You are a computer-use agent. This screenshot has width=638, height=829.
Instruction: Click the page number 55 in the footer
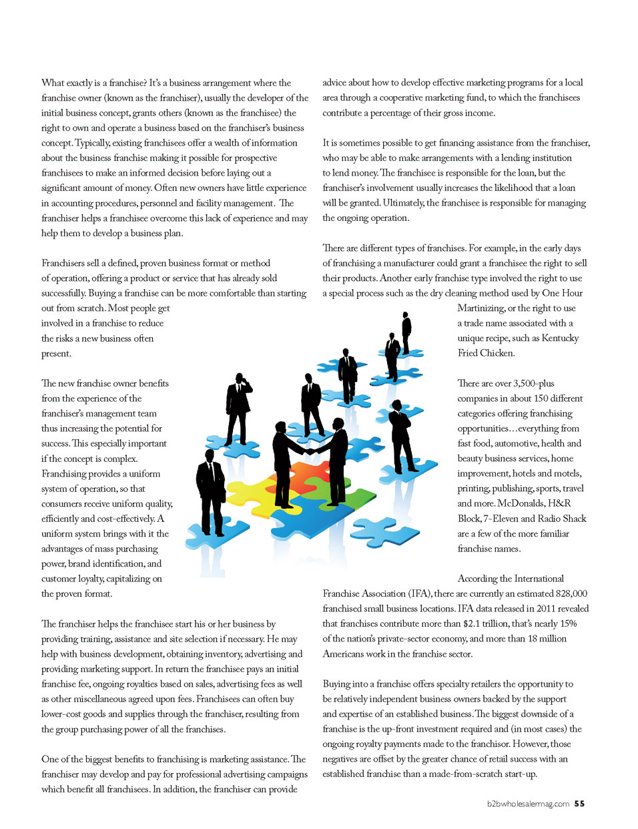coord(579,804)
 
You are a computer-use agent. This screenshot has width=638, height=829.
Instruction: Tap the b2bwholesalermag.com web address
coord(528,804)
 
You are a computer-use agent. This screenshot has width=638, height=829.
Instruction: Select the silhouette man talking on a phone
coord(238,407)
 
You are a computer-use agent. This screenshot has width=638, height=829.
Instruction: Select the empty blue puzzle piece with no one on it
coord(385,530)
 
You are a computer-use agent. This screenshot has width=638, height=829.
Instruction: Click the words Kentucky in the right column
coord(560,338)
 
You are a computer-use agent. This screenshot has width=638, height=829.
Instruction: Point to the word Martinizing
coord(481,308)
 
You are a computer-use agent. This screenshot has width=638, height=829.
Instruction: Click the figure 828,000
coord(571,593)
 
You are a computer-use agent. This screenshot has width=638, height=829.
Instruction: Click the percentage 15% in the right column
coord(568,623)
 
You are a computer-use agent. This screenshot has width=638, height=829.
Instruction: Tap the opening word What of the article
coord(53,83)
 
